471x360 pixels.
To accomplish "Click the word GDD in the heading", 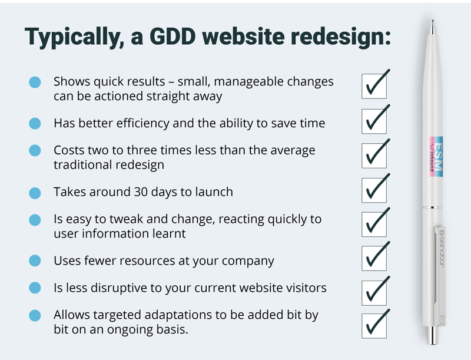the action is tap(173, 36).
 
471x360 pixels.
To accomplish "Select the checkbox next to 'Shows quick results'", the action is tap(374, 86).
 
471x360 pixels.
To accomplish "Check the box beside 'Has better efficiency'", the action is tap(374, 121).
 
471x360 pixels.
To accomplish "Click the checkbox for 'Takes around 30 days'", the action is tap(374, 190).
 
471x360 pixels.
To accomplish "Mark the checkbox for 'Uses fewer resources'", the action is tap(374, 258).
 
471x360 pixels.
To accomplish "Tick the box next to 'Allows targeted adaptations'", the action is tap(374, 326).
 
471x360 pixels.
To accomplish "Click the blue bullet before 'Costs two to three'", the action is tap(35, 150).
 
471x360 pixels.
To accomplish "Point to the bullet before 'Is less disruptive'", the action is tap(35, 288).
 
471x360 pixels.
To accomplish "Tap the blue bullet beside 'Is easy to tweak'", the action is tap(35, 220).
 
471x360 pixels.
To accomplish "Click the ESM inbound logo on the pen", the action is tap(436, 156).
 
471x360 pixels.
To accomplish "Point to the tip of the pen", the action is tap(433, 21).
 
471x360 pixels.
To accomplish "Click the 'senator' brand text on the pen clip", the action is tap(442, 249).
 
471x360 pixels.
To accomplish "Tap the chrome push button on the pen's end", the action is tap(433, 335).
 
